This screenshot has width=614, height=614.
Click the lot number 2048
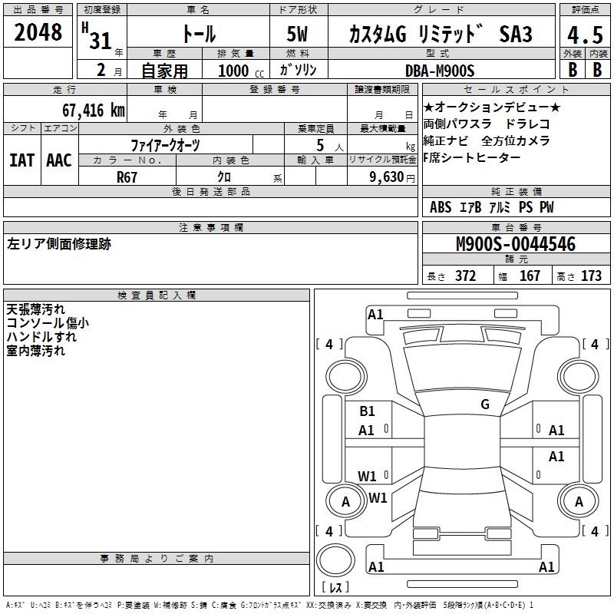(x=38, y=32)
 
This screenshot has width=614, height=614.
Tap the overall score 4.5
(x=585, y=35)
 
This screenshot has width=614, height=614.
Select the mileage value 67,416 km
(x=94, y=111)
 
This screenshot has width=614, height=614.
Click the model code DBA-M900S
(x=440, y=71)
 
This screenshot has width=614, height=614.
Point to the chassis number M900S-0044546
(x=516, y=244)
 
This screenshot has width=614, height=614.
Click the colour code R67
(x=127, y=177)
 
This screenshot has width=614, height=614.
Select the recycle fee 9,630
(x=387, y=177)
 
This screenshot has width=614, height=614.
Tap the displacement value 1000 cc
(x=241, y=71)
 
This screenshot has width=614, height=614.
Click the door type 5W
(x=297, y=34)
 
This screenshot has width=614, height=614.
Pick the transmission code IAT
(x=21, y=160)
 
